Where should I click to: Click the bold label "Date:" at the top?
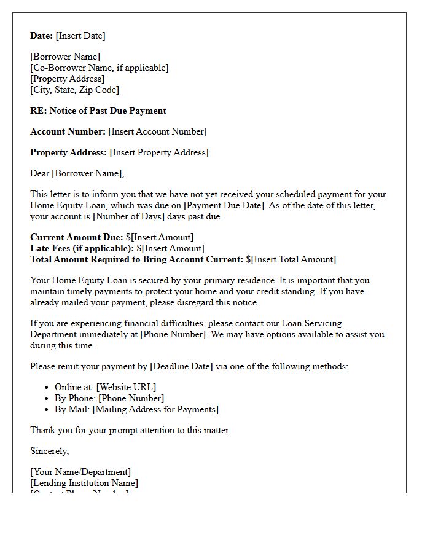coord(42,36)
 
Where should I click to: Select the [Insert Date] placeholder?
coord(80,36)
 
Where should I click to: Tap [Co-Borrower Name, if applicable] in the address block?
coord(99,68)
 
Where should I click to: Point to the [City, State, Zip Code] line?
coord(74,90)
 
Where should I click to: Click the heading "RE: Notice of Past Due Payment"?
coord(98,111)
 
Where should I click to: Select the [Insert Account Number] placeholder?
coord(157,131)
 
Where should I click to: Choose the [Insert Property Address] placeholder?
coord(159,152)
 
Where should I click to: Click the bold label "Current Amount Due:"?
coord(77,237)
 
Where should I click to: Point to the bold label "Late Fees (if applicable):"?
coord(82,248)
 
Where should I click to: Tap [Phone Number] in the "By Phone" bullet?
coord(131,398)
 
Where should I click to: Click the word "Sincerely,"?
coord(50,451)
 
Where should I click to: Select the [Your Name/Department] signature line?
coord(80,472)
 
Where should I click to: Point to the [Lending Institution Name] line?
coord(84,483)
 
